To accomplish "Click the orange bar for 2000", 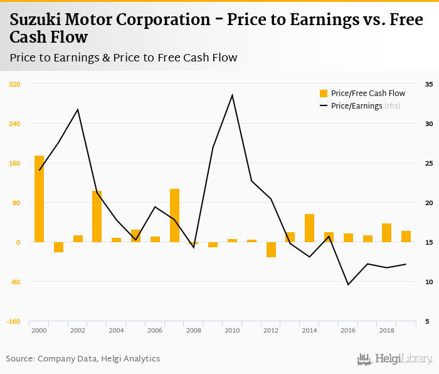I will [x=39, y=198].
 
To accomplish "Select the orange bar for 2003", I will [x=97, y=216].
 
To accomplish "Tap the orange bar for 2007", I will [x=174, y=215].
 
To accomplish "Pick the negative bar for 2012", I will [x=271, y=250].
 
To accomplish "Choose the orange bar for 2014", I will [x=310, y=228].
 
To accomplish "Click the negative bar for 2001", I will [x=58, y=247].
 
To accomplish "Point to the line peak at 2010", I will [x=232, y=95].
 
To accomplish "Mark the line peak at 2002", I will [x=78, y=110].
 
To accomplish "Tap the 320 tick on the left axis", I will [x=14, y=84].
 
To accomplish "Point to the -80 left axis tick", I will [x=14, y=282].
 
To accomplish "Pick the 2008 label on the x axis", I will [x=194, y=330].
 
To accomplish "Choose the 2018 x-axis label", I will [x=387, y=330].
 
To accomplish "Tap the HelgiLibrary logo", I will [x=394, y=359].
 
